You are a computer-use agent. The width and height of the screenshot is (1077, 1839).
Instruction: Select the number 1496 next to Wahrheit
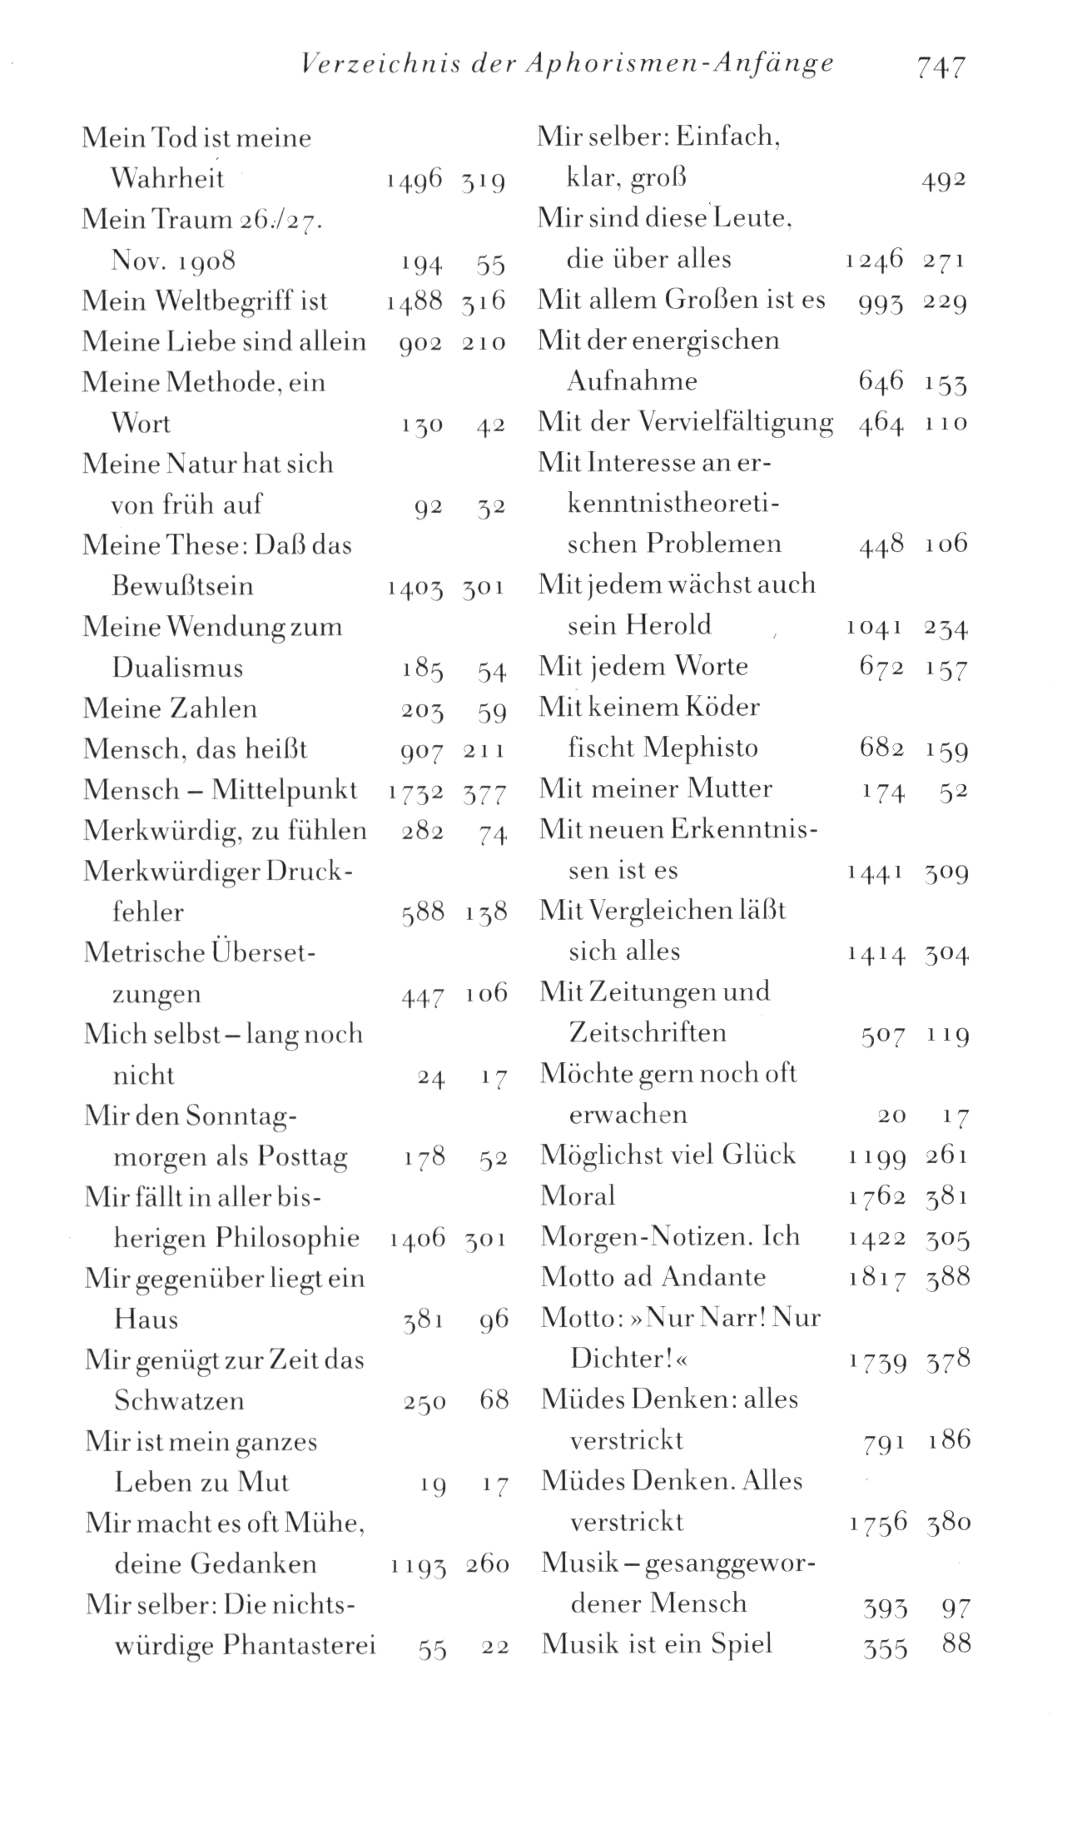(414, 180)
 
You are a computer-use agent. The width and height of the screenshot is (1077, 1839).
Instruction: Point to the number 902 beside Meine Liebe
(420, 343)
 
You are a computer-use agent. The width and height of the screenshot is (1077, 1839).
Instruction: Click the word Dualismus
(177, 668)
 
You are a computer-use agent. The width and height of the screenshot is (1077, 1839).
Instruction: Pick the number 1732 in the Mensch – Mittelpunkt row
(415, 791)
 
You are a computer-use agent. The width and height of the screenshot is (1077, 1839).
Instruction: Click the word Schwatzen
(179, 1401)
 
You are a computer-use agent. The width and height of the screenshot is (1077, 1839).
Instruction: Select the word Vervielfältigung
(737, 423)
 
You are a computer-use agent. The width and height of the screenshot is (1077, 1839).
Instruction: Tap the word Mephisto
(700, 748)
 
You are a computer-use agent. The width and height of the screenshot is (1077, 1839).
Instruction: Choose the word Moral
(578, 1196)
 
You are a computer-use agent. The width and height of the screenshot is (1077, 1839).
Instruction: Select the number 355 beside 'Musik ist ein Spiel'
(884, 1647)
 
